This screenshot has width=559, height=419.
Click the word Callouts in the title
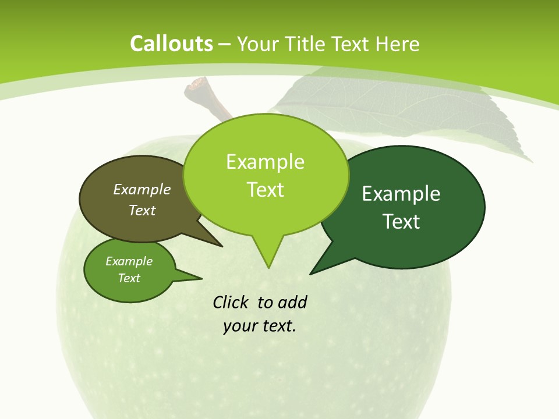(171, 44)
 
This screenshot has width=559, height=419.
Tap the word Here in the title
(398, 44)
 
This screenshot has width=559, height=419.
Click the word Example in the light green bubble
(265, 162)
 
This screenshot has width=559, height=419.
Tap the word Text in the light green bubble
(265, 190)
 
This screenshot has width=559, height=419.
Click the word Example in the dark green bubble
(401, 194)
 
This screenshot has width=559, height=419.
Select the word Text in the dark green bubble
(401, 222)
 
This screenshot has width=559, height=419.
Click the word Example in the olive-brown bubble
(142, 189)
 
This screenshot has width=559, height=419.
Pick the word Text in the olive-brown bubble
(142, 210)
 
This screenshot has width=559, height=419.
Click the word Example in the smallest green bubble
(129, 261)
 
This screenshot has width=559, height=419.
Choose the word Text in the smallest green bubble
(129, 278)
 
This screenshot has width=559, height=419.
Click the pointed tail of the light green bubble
(268, 259)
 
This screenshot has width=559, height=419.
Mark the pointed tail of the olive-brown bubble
(213, 239)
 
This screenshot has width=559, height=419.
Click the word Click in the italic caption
(231, 303)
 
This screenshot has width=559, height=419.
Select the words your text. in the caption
(259, 326)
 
